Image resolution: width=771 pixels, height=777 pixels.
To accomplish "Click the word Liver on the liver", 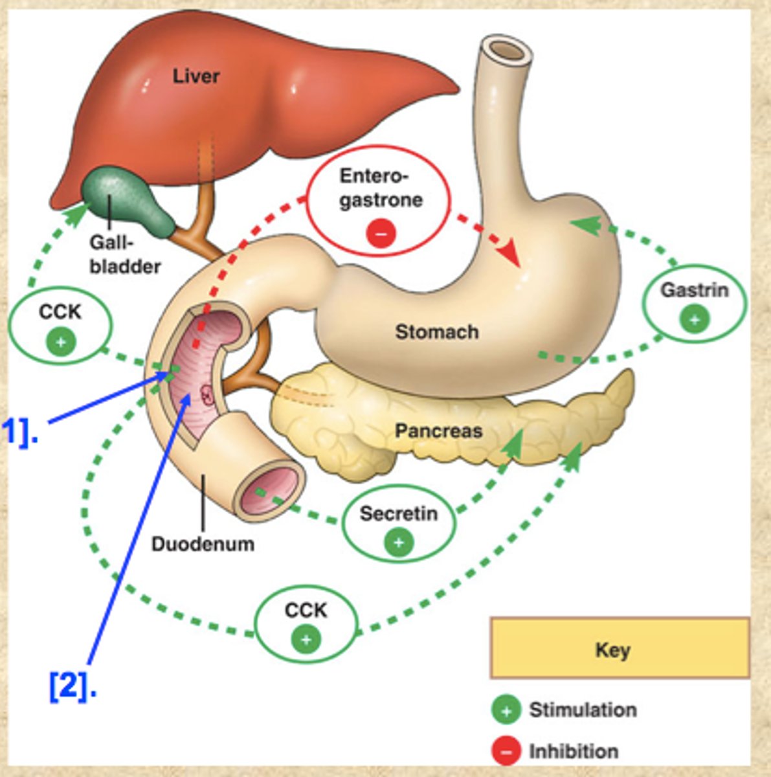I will point(196,76).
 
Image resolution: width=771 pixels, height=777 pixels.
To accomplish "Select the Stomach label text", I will point(437,332).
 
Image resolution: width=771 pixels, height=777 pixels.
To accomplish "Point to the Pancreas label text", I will point(438,431).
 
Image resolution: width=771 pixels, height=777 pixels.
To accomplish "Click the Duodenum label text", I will point(203,543).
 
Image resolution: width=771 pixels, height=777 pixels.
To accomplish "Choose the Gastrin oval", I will point(694,303).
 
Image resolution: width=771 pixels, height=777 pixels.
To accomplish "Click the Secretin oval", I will point(398,525).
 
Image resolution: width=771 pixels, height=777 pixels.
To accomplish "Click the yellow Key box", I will point(619,648).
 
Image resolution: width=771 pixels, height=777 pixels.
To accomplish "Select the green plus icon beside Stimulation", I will point(506,710).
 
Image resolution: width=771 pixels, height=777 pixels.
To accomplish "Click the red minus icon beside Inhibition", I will point(506,751).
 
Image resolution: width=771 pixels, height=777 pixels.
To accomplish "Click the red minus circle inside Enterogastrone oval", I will point(381,232).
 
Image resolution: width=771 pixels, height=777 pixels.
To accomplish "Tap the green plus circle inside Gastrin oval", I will point(695,319).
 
